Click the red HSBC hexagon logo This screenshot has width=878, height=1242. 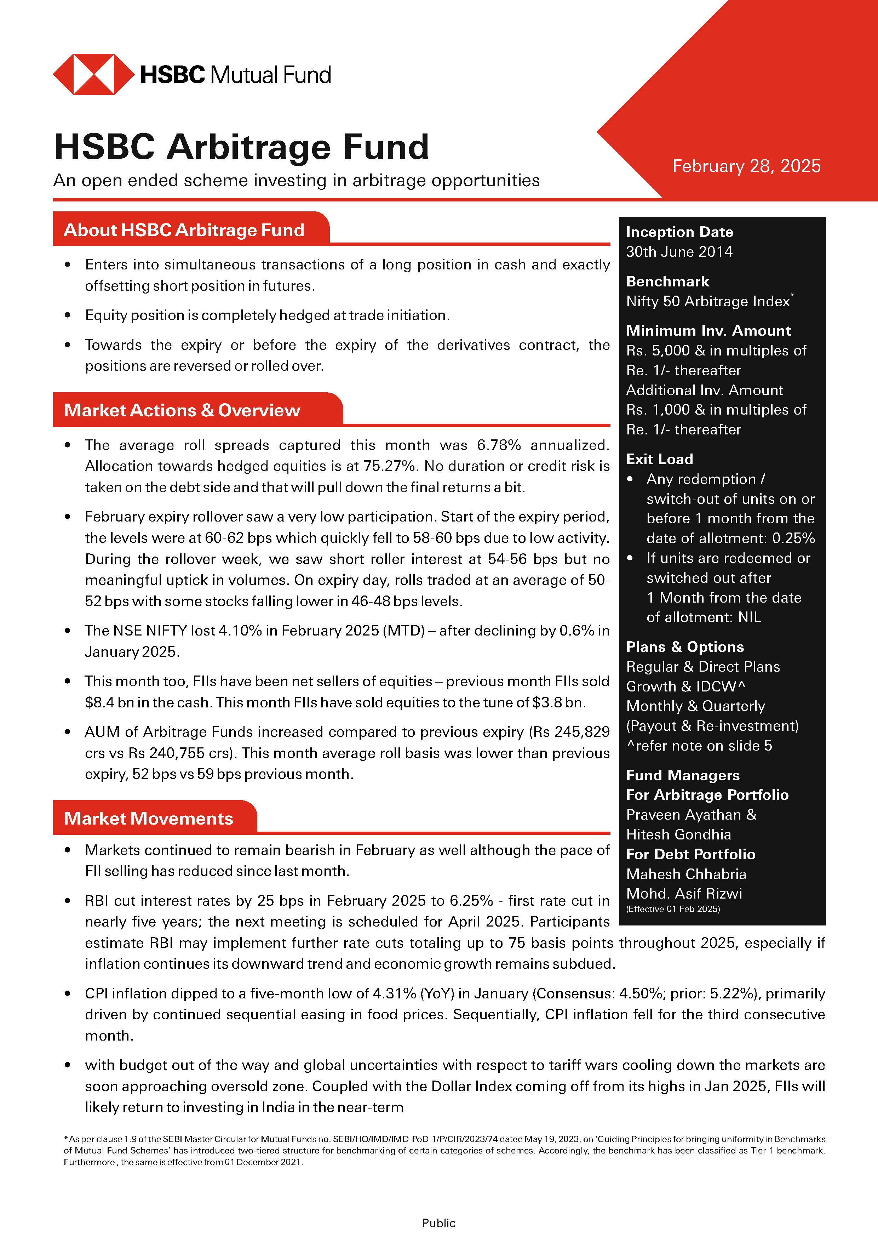[93, 74]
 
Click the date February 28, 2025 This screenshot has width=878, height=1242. [746, 166]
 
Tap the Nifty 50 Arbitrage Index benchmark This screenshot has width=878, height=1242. [708, 301]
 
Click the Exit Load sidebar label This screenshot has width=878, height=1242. [659, 459]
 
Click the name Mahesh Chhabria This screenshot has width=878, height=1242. [685, 874]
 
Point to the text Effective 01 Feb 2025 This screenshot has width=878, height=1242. [672, 909]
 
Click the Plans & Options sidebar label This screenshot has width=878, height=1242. [684, 647]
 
